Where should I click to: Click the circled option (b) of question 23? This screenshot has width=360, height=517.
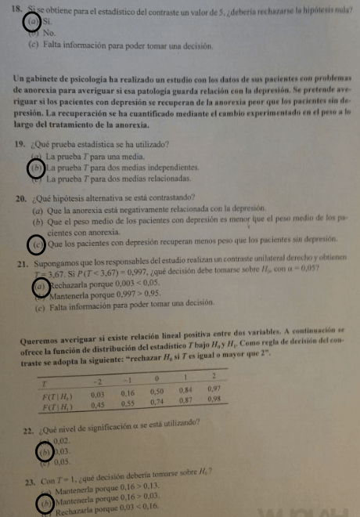46,501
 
